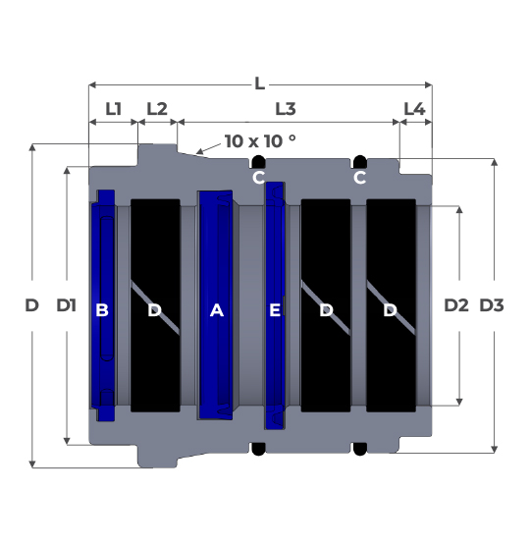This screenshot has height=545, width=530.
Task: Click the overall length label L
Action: (x=260, y=83)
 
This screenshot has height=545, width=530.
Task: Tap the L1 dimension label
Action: (x=114, y=109)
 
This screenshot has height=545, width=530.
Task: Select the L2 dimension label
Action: (x=157, y=109)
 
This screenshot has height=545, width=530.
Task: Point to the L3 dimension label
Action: (x=286, y=109)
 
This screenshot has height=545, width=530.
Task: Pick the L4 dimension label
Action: (x=415, y=109)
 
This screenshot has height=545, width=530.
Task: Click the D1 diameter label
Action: (x=67, y=305)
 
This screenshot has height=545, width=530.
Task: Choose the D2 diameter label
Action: (x=456, y=305)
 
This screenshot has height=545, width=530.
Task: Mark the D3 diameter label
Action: (x=492, y=305)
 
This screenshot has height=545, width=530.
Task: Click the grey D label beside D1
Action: (x=32, y=305)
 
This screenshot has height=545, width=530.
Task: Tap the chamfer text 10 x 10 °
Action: (x=260, y=141)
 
